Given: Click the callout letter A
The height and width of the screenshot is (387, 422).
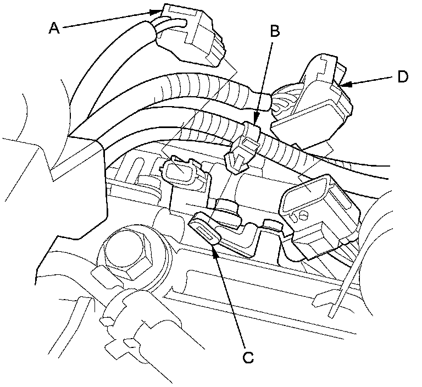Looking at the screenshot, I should pyautogui.click(x=53, y=28).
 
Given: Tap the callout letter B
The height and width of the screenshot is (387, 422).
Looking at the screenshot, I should pyautogui.click(x=274, y=31).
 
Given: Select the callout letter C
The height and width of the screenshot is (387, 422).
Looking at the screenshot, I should pyautogui.click(x=248, y=358).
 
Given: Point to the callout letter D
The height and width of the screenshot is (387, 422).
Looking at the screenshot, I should pyautogui.click(x=403, y=77).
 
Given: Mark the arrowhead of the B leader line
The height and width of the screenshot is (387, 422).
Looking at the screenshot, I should pyautogui.click(x=257, y=124).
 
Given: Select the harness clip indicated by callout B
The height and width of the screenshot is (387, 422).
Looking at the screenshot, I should pyautogui.click(x=246, y=146).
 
